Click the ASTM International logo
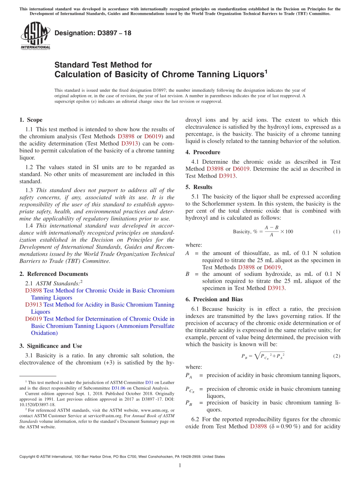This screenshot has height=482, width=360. [x=35, y=36]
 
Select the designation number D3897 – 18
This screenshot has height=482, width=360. [x=93, y=33]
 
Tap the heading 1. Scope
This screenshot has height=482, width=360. [x=31, y=120]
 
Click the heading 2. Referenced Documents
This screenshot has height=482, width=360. [x=53, y=274]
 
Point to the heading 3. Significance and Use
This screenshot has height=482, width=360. [x=50, y=346]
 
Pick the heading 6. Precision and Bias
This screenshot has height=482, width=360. [x=214, y=299]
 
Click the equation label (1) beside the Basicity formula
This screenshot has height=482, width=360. [x=336, y=232]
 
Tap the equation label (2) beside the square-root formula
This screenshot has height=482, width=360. [x=336, y=356]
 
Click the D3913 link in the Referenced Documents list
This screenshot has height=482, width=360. [x=33, y=305]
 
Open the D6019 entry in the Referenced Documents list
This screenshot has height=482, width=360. [x=33, y=319]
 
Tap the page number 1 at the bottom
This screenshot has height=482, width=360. [x=180, y=466]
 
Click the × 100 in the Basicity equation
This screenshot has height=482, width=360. [x=286, y=232]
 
